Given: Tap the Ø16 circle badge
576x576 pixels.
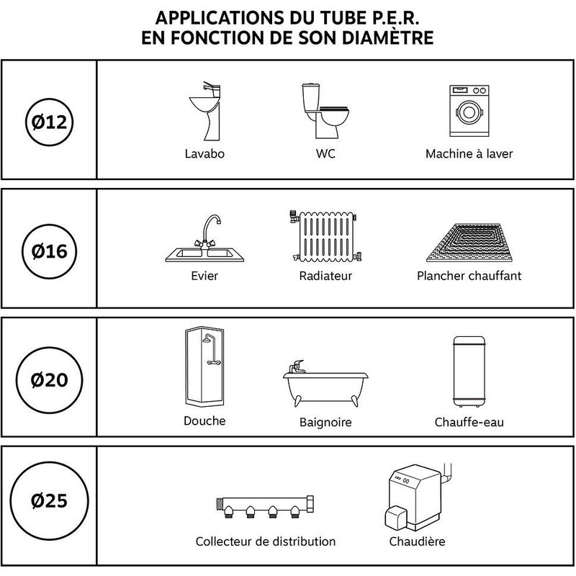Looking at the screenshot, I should (x=50, y=252).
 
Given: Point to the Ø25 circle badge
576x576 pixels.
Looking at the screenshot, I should (x=50, y=501).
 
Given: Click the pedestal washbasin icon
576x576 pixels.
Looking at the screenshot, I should (x=204, y=112).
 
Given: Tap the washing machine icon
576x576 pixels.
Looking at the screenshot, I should (x=469, y=112).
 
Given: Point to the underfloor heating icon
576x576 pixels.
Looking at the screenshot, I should (x=469, y=242).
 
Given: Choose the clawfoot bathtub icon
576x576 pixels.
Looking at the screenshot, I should (x=325, y=384).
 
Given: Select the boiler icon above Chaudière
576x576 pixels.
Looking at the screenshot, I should (x=415, y=497).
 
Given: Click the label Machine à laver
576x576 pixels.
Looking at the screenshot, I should (x=469, y=154).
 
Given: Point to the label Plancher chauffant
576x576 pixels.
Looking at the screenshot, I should (x=469, y=276).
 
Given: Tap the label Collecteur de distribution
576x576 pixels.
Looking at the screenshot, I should (x=266, y=541).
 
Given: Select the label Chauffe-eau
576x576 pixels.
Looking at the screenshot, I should (x=469, y=422).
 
